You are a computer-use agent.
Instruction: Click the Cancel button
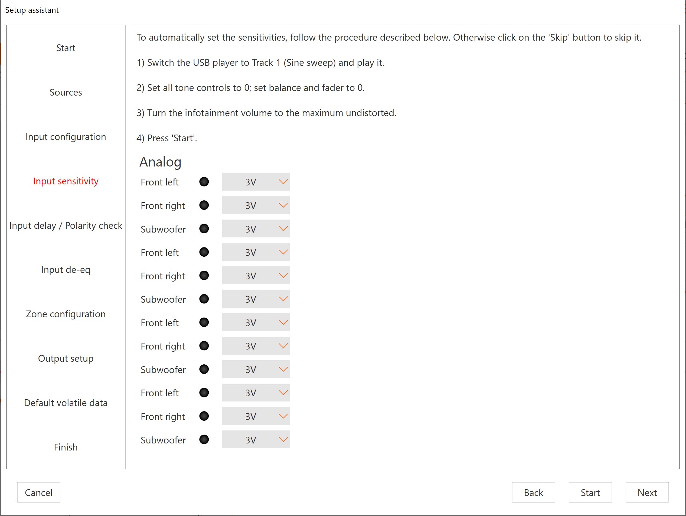(x=38, y=492)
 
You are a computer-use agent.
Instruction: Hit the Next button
(x=647, y=492)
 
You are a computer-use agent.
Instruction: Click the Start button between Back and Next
(x=590, y=492)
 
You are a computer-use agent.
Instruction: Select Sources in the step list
(x=66, y=92)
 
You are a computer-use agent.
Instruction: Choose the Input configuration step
(x=66, y=137)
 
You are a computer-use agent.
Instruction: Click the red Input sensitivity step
(x=66, y=181)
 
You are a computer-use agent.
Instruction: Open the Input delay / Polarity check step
(x=66, y=226)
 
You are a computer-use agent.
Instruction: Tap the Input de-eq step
(x=66, y=270)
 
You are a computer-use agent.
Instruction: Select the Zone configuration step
(x=66, y=314)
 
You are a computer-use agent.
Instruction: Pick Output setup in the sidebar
(x=66, y=358)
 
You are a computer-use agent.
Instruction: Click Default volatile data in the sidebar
(x=66, y=403)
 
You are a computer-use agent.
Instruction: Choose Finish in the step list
(x=66, y=447)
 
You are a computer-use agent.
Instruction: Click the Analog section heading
(x=160, y=162)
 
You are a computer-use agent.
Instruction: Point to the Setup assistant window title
(x=32, y=10)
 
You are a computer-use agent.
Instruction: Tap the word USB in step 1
(x=201, y=63)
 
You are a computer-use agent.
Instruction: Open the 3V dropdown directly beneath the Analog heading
(x=256, y=182)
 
